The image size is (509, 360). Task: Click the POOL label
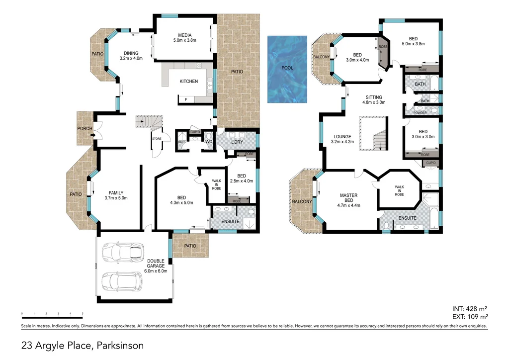[x=287, y=68]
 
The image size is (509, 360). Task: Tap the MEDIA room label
[x=184, y=35]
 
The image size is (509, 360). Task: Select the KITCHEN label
[x=188, y=81]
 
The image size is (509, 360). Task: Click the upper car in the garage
[x=122, y=252]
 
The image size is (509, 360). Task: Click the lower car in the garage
[x=122, y=281]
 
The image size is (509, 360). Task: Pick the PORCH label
[x=85, y=129]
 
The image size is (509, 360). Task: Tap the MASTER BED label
[x=348, y=198]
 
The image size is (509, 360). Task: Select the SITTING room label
[x=374, y=97]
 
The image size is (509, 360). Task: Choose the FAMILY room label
[x=116, y=193]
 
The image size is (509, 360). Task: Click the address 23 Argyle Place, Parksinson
[x=82, y=345]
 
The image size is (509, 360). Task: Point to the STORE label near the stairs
[x=157, y=139]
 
